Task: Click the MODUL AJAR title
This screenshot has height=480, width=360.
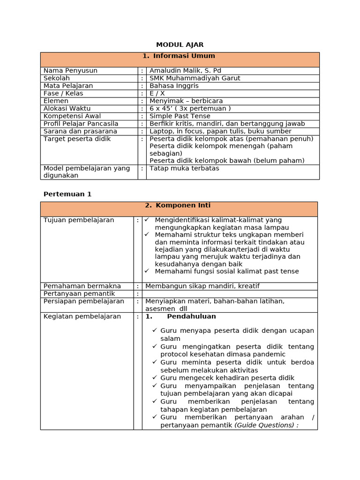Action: click(x=180, y=45)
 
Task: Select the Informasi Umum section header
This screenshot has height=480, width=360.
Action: click(x=180, y=56)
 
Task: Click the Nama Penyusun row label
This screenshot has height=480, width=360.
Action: click(x=70, y=71)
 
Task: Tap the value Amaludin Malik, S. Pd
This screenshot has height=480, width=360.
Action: click(x=185, y=71)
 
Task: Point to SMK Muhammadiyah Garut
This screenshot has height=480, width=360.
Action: click(x=195, y=78)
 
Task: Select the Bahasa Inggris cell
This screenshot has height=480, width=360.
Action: click(x=174, y=86)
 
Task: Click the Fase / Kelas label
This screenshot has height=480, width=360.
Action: click(x=63, y=93)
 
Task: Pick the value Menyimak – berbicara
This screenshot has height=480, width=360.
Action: click(x=186, y=101)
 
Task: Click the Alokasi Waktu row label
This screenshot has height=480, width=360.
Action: click(x=67, y=108)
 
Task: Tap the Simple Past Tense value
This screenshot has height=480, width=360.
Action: click(x=180, y=116)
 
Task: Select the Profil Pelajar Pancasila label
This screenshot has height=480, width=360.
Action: click(x=81, y=124)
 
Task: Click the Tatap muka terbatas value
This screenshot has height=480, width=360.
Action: click(x=184, y=168)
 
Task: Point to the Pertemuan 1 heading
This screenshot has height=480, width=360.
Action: click(x=67, y=194)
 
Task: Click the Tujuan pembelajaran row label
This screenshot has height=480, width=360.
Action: click(x=79, y=220)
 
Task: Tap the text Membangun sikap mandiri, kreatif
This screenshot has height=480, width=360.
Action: click(x=202, y=286)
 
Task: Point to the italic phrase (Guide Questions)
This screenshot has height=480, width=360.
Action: click(x=265, y=425)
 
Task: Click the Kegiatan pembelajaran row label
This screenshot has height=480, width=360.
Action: click(x=82, y=316)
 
